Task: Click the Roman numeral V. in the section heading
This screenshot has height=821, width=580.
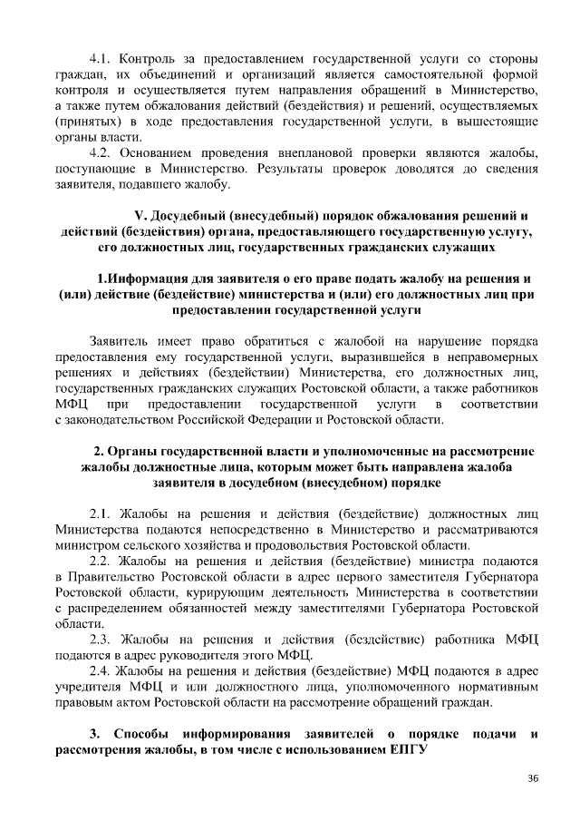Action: pyautogui.click(x=140, y=215)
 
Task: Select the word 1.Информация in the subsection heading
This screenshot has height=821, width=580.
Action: pyautogui.click(x=143, y=278)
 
